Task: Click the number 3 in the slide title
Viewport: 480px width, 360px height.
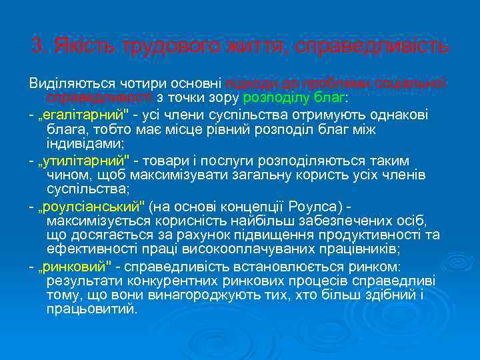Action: coord(37,47)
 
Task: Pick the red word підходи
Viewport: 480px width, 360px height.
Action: coord(248,83)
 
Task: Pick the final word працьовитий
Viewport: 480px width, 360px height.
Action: coord(91,310)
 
